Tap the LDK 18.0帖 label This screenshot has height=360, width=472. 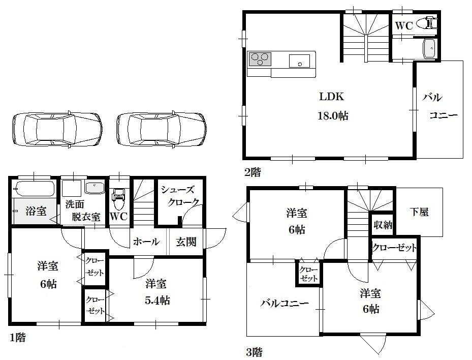[333, 106]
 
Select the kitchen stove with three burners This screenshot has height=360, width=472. [260, 61]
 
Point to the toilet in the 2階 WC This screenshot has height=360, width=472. [427, 23]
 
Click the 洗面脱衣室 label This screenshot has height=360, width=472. [81, 211]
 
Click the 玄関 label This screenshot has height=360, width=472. [186, 242]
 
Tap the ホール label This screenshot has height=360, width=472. [146, 242]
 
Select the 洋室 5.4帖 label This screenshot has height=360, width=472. [157, 292]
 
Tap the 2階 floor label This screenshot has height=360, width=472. [253, 172]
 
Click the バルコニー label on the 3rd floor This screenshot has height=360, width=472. [285, 304]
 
